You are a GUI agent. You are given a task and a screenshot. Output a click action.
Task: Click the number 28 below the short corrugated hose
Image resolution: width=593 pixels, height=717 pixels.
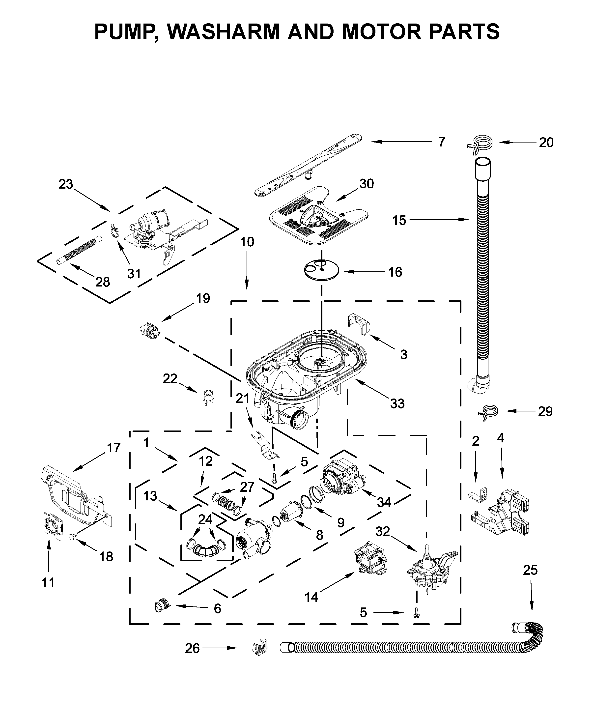click(102, 282)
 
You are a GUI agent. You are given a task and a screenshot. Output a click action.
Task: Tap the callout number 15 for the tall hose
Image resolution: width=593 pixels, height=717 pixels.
click(399, 220)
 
